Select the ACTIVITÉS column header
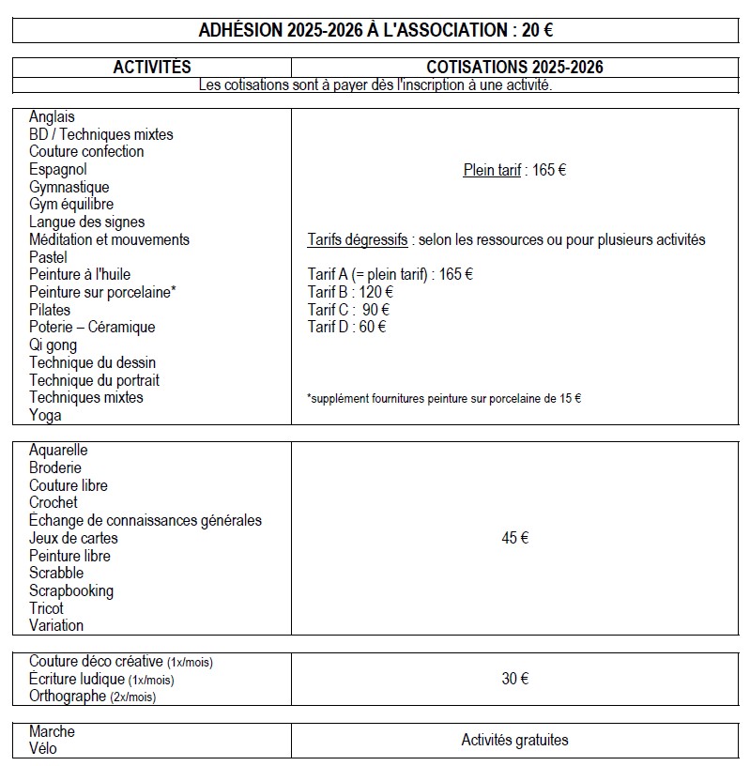pyautogui.click(x=152, y=68)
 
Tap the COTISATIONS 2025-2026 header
pyautogui.click(x=514, y=68)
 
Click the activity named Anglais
pyautogui.click(x=52, y=117)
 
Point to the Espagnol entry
pyautogui.click(x=58, y=170)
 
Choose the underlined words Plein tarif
pyautogui.click(x=492, y=171)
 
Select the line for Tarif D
pyautogui.click(x=346, y=327)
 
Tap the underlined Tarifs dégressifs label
pyautogui.click(x=358, y=240)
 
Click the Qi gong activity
pyautogui.click(x=54, y=345)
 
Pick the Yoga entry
pyautogui.click(x=45, y=415)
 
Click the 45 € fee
pyautogui.click(x=514, y=538)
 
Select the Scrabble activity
pyautogui.click(x=56, y=574)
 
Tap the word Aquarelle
pyautogui.click(x=58, y=451)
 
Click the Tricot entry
pyautogui.click(x=47, y=608)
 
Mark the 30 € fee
pyautogui.click(x=514, y=679)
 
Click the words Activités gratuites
pyautogui.click(x=514, y=741)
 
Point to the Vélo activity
pyautogui.click(x=43, y=749)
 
